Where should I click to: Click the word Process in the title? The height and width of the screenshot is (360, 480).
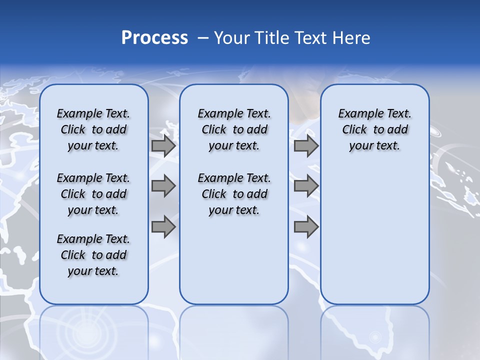pyautogui.click(x=154, y=37)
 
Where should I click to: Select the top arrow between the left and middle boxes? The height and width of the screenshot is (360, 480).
pyautogui.click(x=163, y=146)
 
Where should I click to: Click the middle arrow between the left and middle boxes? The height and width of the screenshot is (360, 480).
pyautogui.click(x=163, y=186)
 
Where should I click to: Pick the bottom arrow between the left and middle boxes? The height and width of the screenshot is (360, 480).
pyautogui.click(x=163, y=227)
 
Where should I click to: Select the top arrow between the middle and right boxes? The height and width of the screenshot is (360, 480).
pyautogui.click(x=306, y=146)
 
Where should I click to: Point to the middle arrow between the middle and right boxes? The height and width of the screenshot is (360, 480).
pyautogui.click(x=306, y=186)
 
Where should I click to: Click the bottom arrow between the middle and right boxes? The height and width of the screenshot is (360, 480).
pyautogui.click(x=306, y=227)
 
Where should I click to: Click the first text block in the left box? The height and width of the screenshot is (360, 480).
pyautogui.click(x=93, y=129)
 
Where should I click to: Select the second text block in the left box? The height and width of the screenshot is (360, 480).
pyautogui.click(x=93, y=194)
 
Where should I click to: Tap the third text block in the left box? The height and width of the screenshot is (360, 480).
pyautogui.click(x=93, y=255)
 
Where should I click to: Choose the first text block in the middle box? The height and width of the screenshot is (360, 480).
pyautogui.click(x=234, y=129)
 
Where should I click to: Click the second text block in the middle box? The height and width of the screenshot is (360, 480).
pyautogui.click(x=234, y=194)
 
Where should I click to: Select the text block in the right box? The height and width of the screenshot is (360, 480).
pyautogui.click(x=374, y=129)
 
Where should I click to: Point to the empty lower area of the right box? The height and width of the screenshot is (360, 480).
pyautogui.click(x=374, y=235)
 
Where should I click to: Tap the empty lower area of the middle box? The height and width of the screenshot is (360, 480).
pyautogui.click(x=234, y=260)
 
